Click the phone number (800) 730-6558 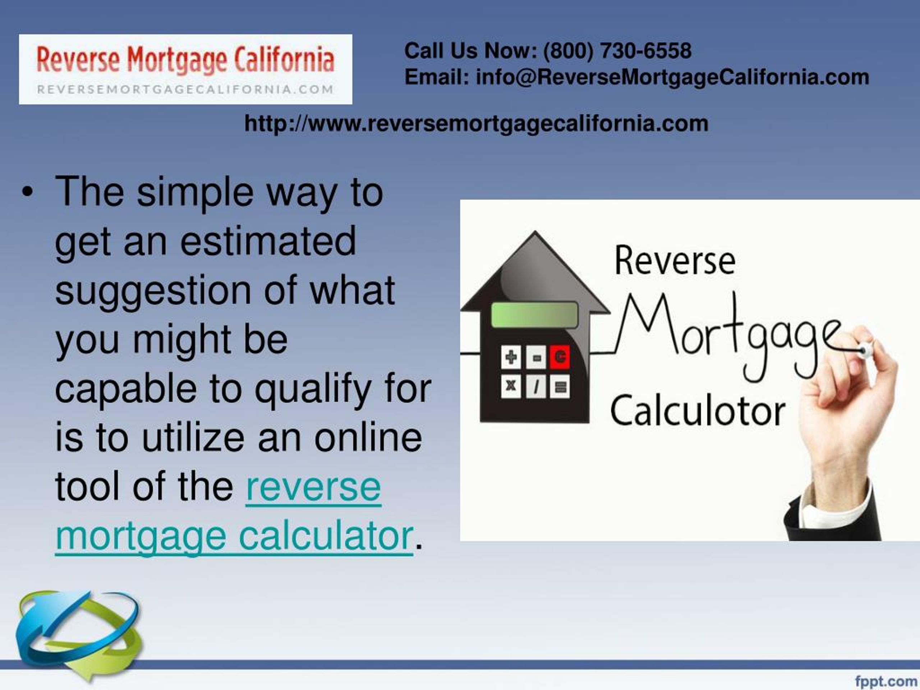point(617,51)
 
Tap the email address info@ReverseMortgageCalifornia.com point(672,78)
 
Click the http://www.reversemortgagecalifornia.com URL point(476,124)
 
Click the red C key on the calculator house point(560,357)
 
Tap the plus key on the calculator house point(511,357)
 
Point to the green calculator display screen point(534,315)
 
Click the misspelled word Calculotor point(698,411)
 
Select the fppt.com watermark point(886,681)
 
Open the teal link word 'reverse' point(314,487)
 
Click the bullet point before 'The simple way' point(27,193)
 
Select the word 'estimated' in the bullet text point(268,241)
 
